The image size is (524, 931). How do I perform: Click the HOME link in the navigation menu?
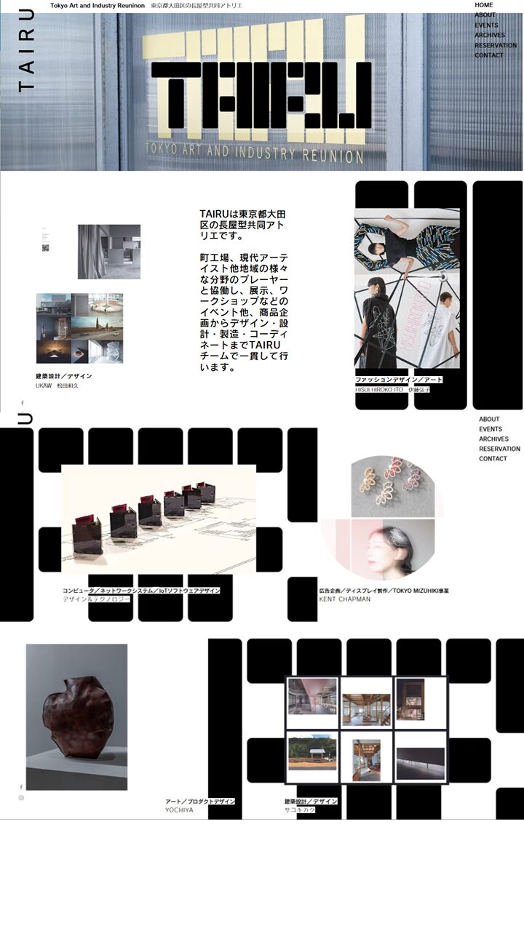coord(484,5)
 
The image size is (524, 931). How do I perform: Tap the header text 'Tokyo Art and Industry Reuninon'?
coord(96,6)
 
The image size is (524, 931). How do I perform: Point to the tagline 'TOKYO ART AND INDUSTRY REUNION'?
coord(255,154)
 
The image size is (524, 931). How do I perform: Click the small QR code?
coord(45,248)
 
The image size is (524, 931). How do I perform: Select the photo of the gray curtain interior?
coord(109,252)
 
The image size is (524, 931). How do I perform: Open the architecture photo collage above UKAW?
coord(79,328)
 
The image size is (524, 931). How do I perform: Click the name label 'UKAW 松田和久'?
coord(57,385)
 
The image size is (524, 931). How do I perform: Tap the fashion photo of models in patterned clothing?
coord(407,288)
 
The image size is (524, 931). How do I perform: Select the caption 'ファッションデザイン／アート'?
coord(399,380)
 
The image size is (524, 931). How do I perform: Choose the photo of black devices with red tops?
coord(159,519)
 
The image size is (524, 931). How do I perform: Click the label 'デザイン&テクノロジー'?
coord(96,599)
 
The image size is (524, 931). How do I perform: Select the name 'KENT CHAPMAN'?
coord(344,599)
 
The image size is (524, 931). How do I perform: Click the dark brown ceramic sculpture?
coord(78,717)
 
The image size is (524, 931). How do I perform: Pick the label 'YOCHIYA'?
coord(179,810)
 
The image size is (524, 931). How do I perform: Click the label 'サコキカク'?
coord(299,810)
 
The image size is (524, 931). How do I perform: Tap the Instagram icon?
coord(21,798)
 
